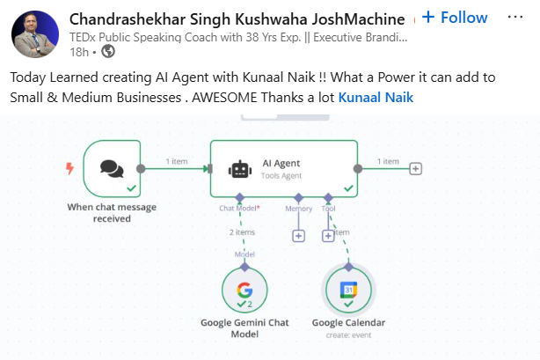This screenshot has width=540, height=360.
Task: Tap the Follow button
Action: point(455,18)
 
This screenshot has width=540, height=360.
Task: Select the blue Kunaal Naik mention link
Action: point(376,98)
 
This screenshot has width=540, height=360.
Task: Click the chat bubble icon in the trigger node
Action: point(112,168)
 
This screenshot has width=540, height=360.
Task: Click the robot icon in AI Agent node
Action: point(239,169)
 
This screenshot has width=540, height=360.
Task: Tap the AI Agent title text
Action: point(281,163)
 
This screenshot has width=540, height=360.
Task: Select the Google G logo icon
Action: point(244,290)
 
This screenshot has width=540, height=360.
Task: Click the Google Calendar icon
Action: point(348,289)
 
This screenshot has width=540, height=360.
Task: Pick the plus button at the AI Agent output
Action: point(416,169)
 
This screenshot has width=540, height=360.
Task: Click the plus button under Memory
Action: point(298,236)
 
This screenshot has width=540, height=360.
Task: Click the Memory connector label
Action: point(299,209)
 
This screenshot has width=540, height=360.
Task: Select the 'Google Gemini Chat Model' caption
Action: point(244,328)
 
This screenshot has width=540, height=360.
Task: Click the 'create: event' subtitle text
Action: point(348,334)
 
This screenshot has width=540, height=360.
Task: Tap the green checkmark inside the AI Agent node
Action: point(349,188)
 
